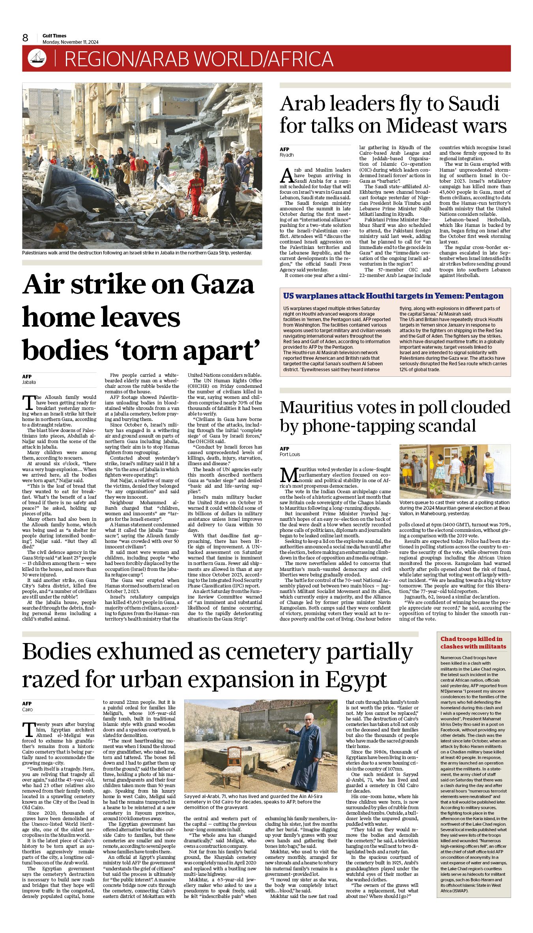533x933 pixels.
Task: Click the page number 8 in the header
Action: pos(25,38)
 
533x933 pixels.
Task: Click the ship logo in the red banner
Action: pos(37,59)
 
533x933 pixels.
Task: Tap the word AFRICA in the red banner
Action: pos(300,59)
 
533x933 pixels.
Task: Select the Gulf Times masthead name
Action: pos(54,36)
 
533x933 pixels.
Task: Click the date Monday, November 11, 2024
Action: pos(71,42)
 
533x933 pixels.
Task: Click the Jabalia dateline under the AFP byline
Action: pos(29,382)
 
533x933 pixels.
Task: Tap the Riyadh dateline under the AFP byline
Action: pos(287,155)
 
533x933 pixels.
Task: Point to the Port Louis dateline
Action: pos(290,454)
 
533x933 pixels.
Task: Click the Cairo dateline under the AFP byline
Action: pos(28,710)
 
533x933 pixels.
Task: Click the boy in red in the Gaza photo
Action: pos(195,191)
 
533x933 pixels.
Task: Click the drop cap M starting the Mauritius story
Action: pos(288,475)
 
